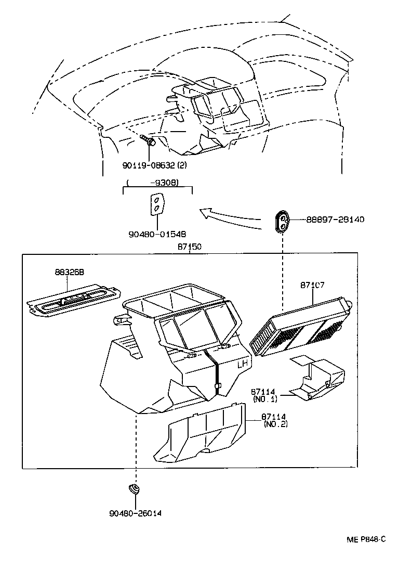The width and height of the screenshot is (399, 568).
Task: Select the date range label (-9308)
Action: pyautogui.click(x=157, y=183)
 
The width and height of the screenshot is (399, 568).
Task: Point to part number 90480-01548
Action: pyautogui.click(x=157, y=234)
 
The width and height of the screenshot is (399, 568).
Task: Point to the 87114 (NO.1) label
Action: pyautogui.click(x=265, y=395)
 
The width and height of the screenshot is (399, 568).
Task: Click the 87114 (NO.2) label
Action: pyautogui.click(x=275, y=420)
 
